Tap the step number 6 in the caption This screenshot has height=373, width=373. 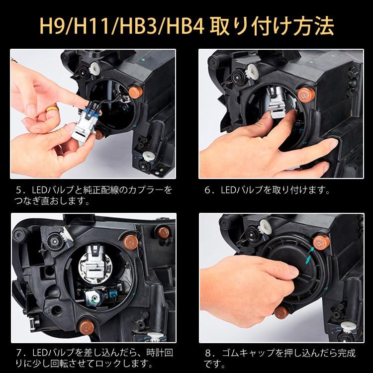(x=207, y=190)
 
